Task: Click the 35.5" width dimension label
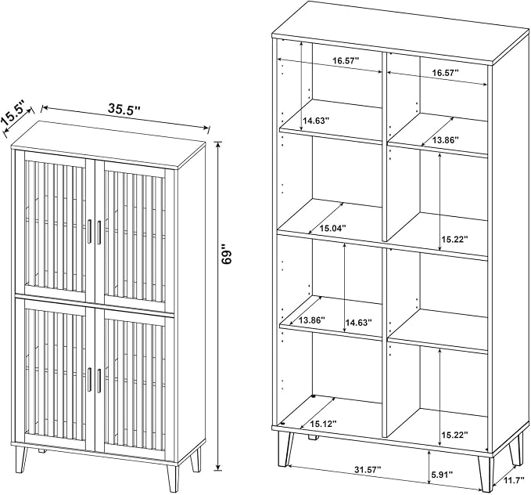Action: point(124,108)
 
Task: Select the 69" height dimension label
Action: point(226,253)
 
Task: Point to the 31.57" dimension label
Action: point(368,470)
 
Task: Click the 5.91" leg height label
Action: point(442,475)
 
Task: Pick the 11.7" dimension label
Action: point(513,480)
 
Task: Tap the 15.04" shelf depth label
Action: point(332,228)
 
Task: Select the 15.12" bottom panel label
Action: point(324,424)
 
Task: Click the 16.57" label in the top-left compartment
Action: point(346,61)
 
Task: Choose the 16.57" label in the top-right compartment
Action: point(445,72)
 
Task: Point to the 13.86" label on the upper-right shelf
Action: point(445,139)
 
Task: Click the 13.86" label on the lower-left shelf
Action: point(311,320)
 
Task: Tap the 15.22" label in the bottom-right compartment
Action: point(454,434)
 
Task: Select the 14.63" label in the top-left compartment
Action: point(316,121)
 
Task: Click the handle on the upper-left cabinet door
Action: point(89,231)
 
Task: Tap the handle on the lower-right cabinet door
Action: point(99,381)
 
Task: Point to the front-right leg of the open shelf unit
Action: point(486,473)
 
